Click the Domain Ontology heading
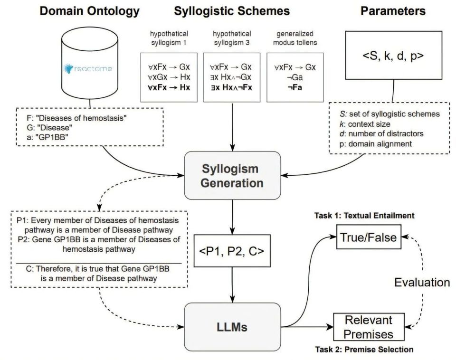[x=90, y=11]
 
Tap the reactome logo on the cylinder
[x=88, y=68]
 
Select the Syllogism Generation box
[x=232, y=175]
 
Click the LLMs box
[x=232, y=327]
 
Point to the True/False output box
[x=369, y=237]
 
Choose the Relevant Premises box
[x=369, y=327]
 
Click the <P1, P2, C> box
[x=232, y=251]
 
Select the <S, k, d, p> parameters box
[x=393, y=55]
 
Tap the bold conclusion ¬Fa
[x=294, y=87]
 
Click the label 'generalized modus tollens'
[x=295, y=38]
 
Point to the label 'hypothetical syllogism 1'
[x=169, y=38]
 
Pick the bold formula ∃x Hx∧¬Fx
[x=232, y=87]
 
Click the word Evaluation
[x=422, y=283]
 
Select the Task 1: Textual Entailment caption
[x=364, y=216]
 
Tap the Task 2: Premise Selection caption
[x=364, y=349]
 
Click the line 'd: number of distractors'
[x=381, y=134]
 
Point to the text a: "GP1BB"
[x=47, y=137]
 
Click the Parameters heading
[x=393, y=11]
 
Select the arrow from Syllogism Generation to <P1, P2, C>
[x=232, y=217]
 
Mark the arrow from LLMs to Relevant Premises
[x=307, y=327]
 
